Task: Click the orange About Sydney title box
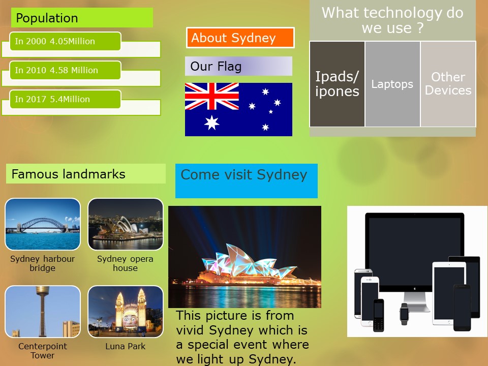pos(240,38)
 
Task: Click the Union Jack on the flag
pos(212,96)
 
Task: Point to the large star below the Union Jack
pos(211,123)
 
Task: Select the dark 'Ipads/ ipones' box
pos(337,84)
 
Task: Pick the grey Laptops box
pos(392,84)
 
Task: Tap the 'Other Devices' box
pos(448,84)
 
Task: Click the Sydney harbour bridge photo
pos(43,224)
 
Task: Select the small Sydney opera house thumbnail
pos(126,224)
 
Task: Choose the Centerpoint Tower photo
pos(43,312)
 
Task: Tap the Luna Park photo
pos(126,312)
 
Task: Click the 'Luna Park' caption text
pos(126,346)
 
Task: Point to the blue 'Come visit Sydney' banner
pos(247,181)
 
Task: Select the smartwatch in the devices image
pos(404,314)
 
